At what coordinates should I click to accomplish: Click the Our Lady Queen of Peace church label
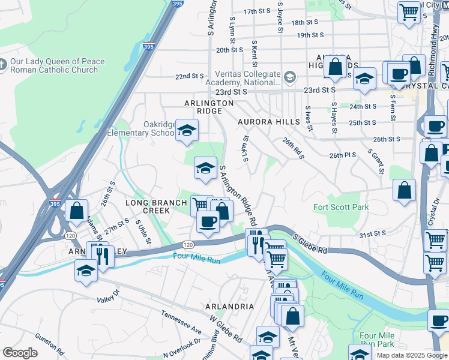[58, 65]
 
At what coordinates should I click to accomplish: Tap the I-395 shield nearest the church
[148, 45]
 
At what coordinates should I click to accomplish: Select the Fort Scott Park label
[341, 208]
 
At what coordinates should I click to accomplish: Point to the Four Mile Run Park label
[377, 340]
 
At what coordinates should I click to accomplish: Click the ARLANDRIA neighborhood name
[229, 306]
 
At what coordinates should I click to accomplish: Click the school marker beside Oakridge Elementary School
[187, 130]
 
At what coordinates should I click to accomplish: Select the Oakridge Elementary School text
[142, 128]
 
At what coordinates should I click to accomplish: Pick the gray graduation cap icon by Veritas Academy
[290, 77]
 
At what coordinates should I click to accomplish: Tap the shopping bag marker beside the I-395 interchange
[76, 211]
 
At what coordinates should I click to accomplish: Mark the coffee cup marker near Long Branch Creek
[208, 222]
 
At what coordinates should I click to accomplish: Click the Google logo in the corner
[20, 353]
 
